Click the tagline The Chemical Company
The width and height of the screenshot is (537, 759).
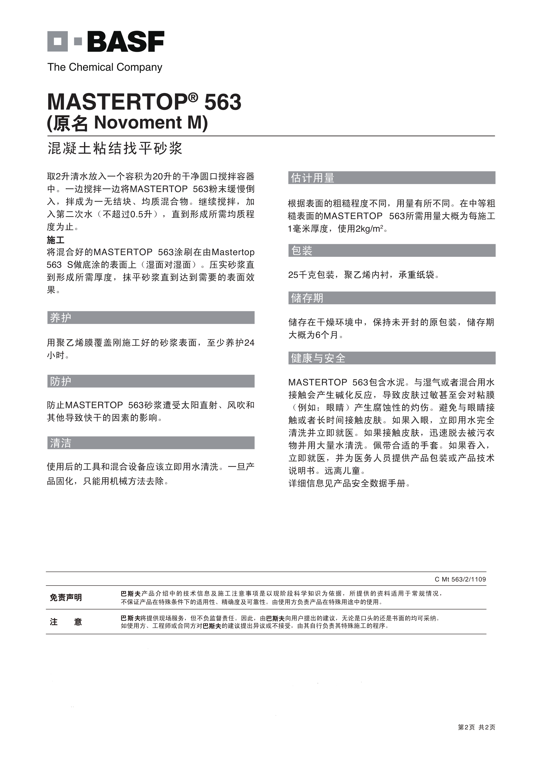tap(105, 67)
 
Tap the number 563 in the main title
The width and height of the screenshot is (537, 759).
tap(223, 102)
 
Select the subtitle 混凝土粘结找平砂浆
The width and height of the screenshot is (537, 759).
tap(115, 148)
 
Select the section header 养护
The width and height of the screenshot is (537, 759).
tap(61, 318)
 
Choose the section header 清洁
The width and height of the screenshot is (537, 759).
tap(61, 443)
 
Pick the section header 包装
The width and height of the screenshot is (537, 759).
tap(301, 251)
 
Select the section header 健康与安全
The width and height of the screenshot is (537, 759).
tap(318, 358)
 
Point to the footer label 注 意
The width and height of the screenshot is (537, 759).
tap(66, 622)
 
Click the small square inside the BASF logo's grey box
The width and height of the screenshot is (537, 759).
tap(57, 41)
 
